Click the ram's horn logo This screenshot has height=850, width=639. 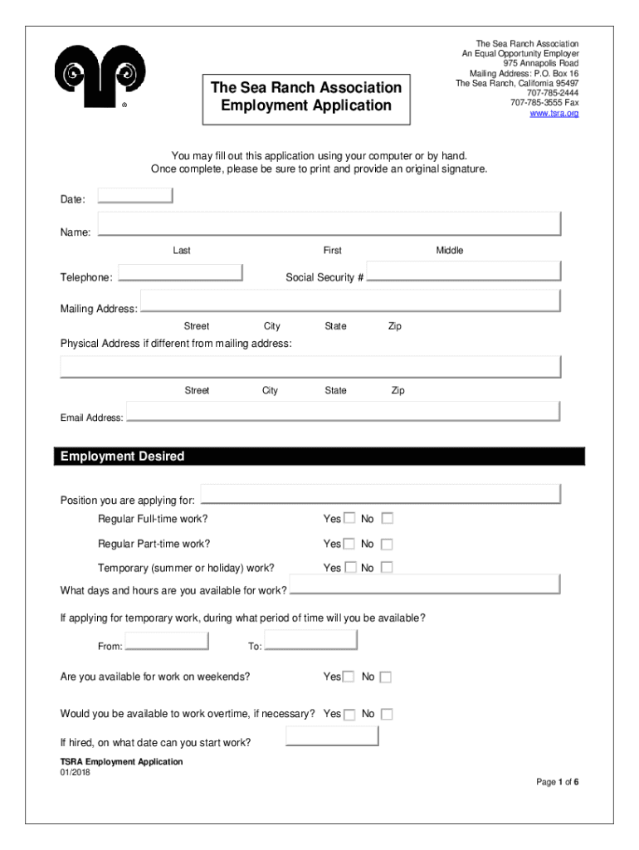pyautogui.click(x=100, y=74)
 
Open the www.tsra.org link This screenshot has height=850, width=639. pyautogui.click(x=554, y=113)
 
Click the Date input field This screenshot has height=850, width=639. pyautogui.click(x=135, y=196)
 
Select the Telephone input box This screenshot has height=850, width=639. pyautogui.click(x=180, y=273)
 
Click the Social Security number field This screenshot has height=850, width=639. pyautogui.click(x=464, y=272)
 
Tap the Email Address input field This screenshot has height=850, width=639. pyautogui.click(x=344, y=412)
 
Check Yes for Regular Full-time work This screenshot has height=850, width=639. pyautogui.click(x=349, y=518)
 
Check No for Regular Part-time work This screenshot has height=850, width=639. pyautogui.click(x=387, y=545)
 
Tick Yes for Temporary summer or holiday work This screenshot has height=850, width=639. pyautogui.click(x=349, y=568)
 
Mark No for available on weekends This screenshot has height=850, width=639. pyautogui.click(x=386, y=677)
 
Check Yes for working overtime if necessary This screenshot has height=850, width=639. pyautogui.click(x=349, y=714)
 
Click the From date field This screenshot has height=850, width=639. pyautogui.click(x=167, y=642)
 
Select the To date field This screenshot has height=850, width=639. pyautogui.click(x=311, y=640)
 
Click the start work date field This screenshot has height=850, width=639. pyautogui.click(x=332, y=736)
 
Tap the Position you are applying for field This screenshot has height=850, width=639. pyautogui.click(x=381, y=494)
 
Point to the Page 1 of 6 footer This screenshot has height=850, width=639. pyautogui.click(x=557, y=782)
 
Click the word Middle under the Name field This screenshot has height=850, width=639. pyautogui.click(x=450, y=251)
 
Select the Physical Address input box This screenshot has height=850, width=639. pyautogui.click(x=310, y=367)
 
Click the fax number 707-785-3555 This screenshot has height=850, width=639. pyautogui.click(x=536, y=103)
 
